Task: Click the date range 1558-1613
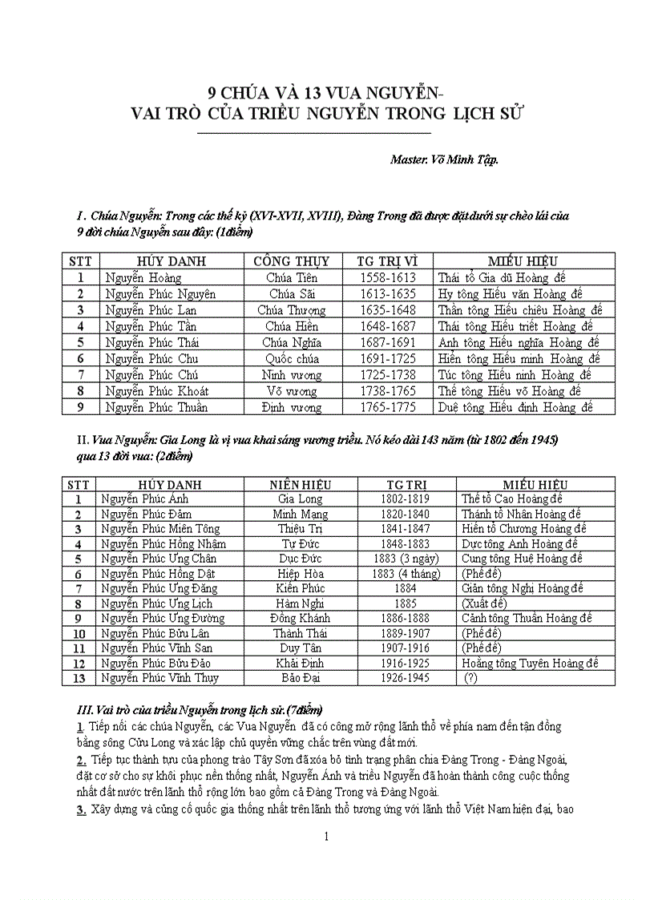point(389,277)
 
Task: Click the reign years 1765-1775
point(389,407)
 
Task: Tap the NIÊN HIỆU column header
point(301,484)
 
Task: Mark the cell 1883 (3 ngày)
point(406,559)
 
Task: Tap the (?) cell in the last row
point(474,677)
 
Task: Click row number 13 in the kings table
point(79,677)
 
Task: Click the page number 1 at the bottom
point(326,837)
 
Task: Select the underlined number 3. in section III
point(81,809)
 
